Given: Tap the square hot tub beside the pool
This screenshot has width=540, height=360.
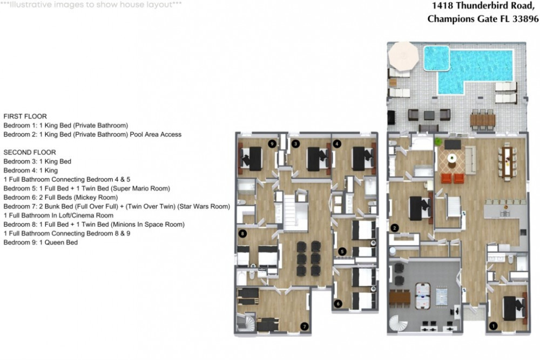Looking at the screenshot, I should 436,58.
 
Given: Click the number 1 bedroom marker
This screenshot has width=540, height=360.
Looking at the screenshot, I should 492,325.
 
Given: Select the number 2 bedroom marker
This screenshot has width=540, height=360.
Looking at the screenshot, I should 395,228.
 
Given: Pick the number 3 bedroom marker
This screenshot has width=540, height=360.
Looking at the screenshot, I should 295,144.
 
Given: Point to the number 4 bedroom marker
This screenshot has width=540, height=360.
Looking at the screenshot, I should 337,144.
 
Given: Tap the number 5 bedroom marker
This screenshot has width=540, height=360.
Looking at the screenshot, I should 342,251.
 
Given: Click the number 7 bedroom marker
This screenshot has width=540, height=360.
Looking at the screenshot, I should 305,326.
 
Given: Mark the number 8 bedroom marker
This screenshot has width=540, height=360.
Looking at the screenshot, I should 243,234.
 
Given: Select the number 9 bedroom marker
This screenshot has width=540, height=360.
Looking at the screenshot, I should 272,144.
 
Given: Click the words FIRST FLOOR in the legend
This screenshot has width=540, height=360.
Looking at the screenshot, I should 25,116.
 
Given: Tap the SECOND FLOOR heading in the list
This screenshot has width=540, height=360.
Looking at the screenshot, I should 30,152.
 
